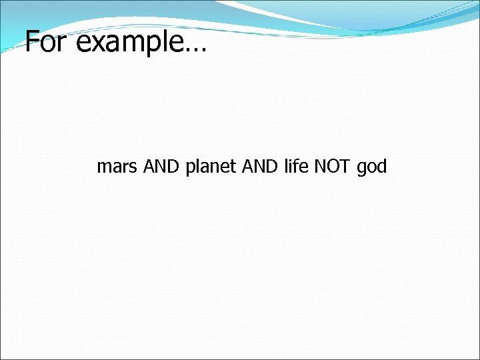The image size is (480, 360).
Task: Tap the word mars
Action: [117, 167]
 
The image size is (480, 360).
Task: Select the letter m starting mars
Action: [104, 168]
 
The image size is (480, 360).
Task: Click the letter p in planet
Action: [191, 169]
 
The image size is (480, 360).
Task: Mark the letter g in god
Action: [362, 169]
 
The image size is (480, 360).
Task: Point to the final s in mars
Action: [133, 168]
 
